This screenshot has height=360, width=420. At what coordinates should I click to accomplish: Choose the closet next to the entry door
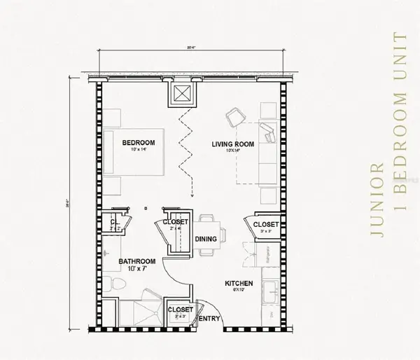pos(181,310)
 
